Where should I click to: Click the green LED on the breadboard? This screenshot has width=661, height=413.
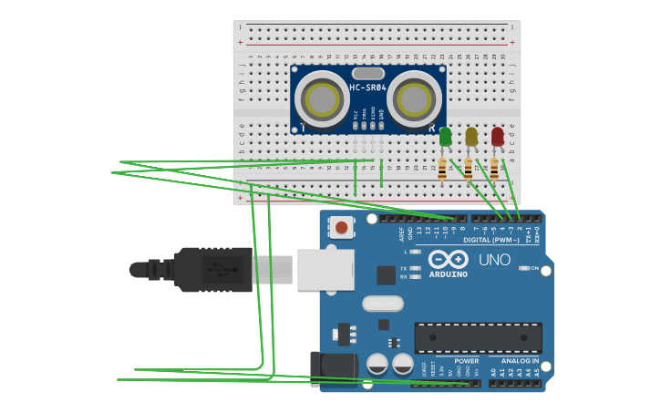coord(445,137)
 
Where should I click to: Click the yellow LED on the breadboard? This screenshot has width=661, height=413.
coord(470,137)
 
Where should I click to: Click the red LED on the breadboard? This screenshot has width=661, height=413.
coord(497,137)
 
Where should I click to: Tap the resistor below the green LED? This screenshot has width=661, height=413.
coord(442,169)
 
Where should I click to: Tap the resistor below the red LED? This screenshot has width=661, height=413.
coord(494,169)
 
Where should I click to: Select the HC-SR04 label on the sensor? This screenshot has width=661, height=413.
coord(367,88)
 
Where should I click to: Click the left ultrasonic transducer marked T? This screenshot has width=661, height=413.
coord(322,98)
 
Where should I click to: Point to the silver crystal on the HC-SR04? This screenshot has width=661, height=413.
coord(367,73)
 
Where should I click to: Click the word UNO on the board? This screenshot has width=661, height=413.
coord(494,261)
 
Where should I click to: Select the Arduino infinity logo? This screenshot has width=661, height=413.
coord(448,260)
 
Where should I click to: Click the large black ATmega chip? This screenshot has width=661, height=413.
coord(478,337)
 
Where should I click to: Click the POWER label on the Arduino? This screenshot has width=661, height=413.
coord(466,361)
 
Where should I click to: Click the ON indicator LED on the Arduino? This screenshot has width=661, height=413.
coord(524,268)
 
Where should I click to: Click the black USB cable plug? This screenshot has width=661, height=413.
coord(212,270)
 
